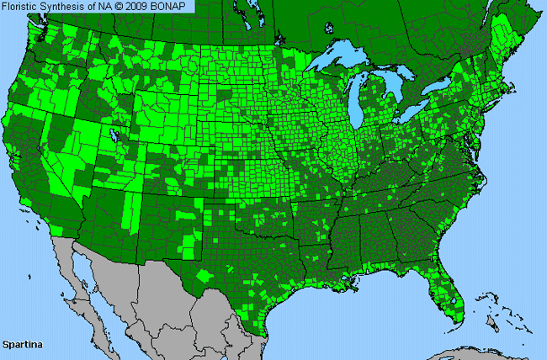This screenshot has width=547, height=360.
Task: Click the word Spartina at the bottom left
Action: (23, 345)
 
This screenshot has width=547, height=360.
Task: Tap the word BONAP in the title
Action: (174, 7)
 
